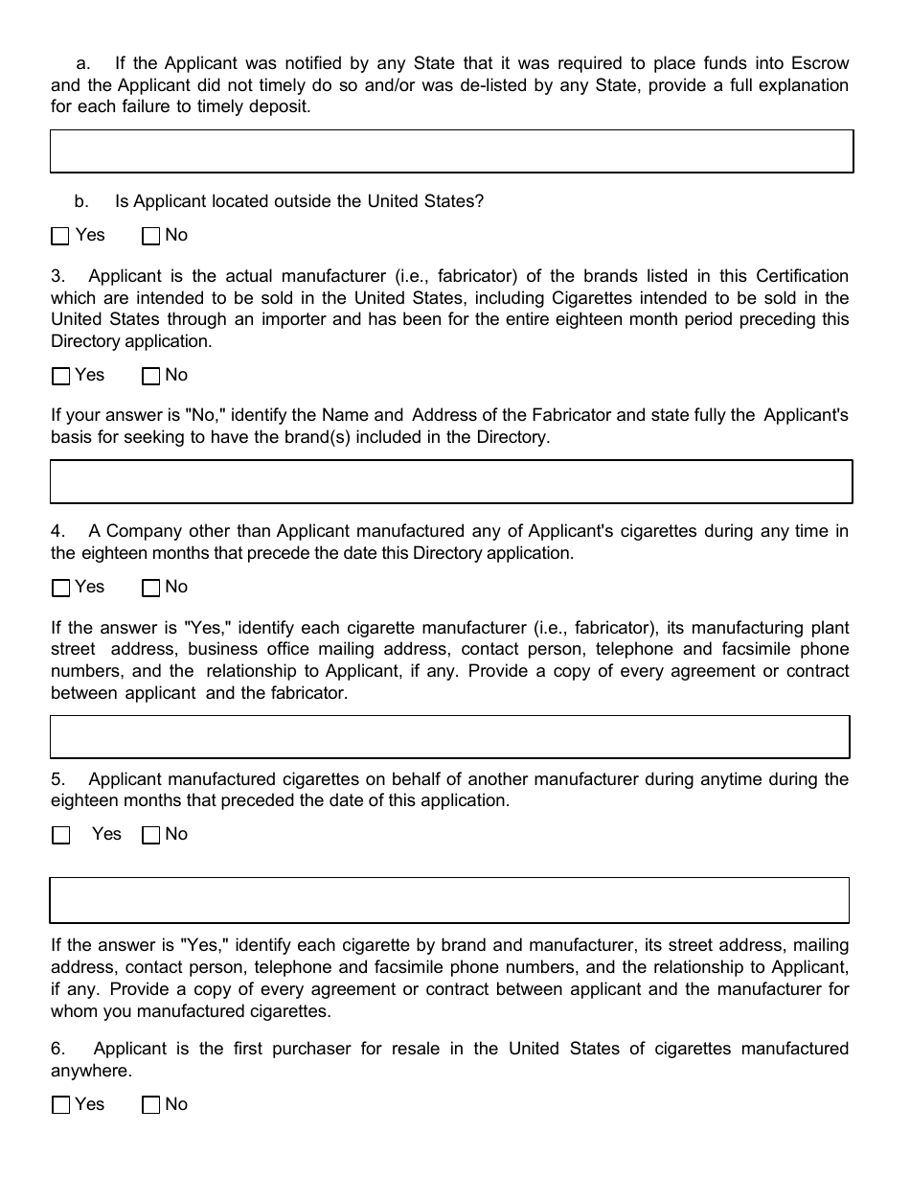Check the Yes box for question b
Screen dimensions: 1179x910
(x=60, y=236)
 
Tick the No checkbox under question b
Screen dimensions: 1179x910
(x=150, y=236)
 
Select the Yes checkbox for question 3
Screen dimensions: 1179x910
(x=60, y=376)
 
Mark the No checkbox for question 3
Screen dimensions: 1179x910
(x=150, y=376)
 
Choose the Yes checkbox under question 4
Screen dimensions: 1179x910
(x=60, y=588)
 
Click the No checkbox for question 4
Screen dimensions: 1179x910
(x=150, y=588)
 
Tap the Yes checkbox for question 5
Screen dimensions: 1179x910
(x=60, y=835)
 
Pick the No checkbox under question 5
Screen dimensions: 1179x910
(x=150, y=835)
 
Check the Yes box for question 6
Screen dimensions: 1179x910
(x=60, y=1105)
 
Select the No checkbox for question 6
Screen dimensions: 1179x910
(x=150, y=1105)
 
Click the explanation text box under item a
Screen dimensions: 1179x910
(x=451, y=151)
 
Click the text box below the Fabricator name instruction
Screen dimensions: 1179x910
(x=451, y=481)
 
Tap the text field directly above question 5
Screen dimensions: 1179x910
(x=450, y=737)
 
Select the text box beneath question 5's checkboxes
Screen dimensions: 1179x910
(x=450, y=900)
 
